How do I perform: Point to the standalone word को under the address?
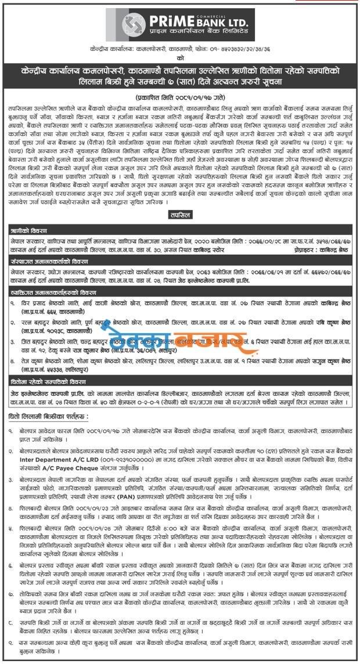180,59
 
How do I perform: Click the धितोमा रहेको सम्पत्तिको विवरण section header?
49,381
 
